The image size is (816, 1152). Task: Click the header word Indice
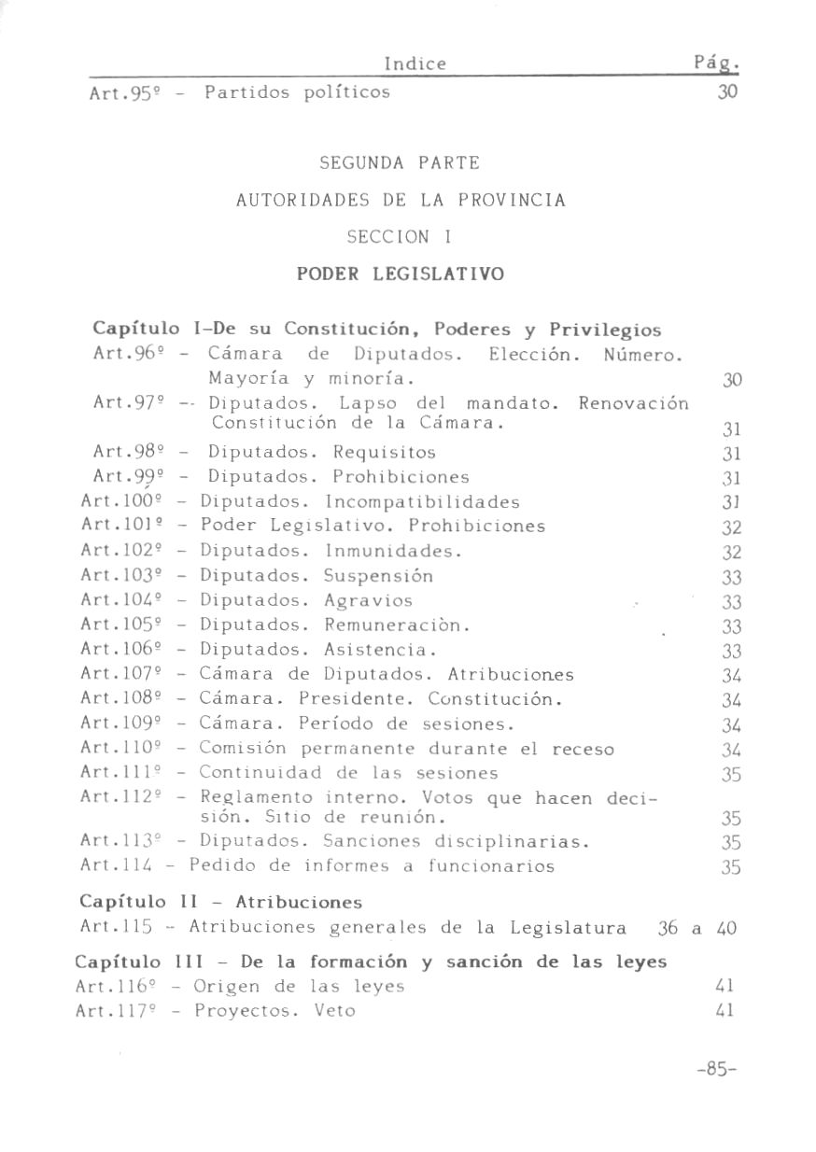point(415,63)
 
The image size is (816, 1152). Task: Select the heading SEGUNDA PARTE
point(400,163)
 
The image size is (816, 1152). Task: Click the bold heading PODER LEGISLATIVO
point(400,274)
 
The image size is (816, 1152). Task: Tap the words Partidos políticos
point(297,92)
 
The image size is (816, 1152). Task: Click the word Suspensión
point(378,576)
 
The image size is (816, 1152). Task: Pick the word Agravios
point(368,600)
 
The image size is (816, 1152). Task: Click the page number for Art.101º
point(731,527)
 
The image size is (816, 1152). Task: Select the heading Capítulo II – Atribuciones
point(221,903)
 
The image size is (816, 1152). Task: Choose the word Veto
point(334,1011)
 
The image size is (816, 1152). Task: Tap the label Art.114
point(112,866)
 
